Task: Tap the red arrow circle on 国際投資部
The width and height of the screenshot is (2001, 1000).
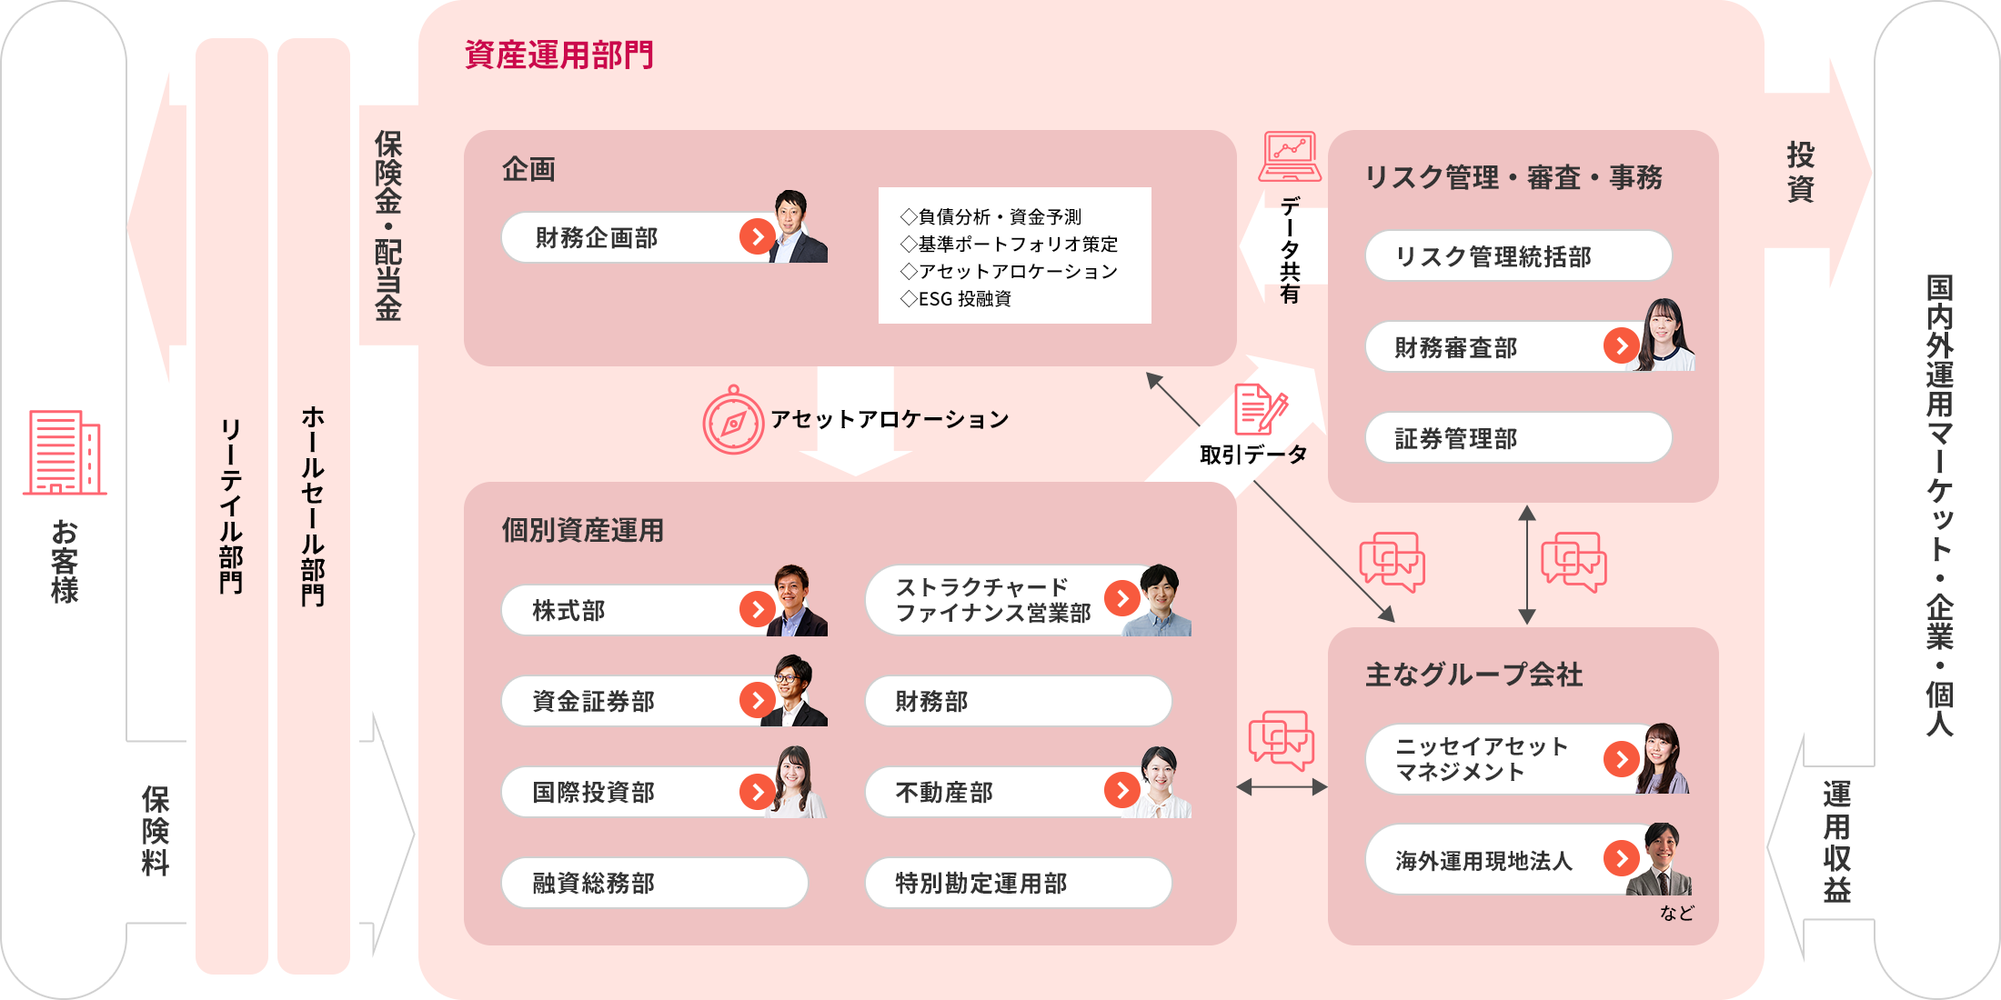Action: click(x=758, y=792)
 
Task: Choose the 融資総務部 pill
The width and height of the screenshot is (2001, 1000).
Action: click(x=655, y=883)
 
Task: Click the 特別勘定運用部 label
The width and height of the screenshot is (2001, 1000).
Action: click(x=981, y=883)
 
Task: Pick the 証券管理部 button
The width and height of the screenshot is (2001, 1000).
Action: click(x=1519, y=437)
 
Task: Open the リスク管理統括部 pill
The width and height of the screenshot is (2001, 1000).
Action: click(x=1519, y=255)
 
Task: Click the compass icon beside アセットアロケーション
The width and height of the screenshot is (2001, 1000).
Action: click(x=733, y=420)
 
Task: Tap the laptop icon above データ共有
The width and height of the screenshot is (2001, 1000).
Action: click(x=1291, y=156)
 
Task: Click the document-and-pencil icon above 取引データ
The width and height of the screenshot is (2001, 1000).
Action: click(x=1261, y=409)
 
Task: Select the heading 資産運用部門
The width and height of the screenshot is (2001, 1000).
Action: click(x=559, y=55)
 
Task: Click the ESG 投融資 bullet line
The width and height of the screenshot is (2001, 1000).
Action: click(x=956, y=298)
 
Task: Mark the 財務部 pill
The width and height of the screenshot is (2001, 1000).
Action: click(x=1019, y=701)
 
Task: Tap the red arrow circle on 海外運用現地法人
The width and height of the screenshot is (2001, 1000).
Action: click(x=1622, y=857)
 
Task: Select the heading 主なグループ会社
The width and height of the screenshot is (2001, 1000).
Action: click(x=1474, y=675)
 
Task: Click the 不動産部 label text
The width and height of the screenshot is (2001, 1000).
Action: click(x=944, y=792)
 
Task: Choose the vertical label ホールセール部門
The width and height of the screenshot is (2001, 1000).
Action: click(x=313, y=505)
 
